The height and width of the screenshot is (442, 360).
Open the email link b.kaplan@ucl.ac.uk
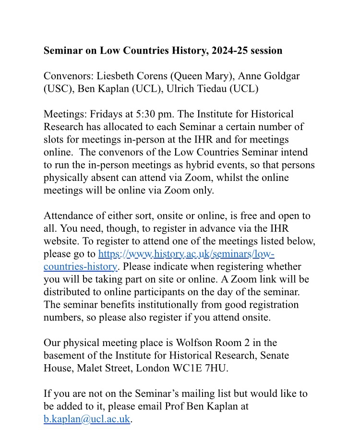click(87, 419)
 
